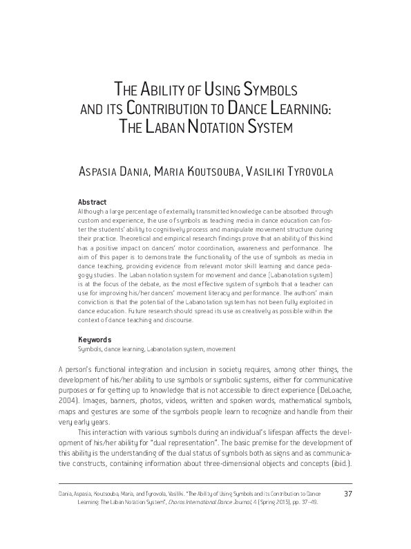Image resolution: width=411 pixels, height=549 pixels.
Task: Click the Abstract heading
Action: (x=92, y=202)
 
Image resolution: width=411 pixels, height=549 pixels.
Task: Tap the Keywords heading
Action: (x=94, y=339)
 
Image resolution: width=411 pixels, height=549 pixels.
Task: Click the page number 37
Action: (x=347, y=512)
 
